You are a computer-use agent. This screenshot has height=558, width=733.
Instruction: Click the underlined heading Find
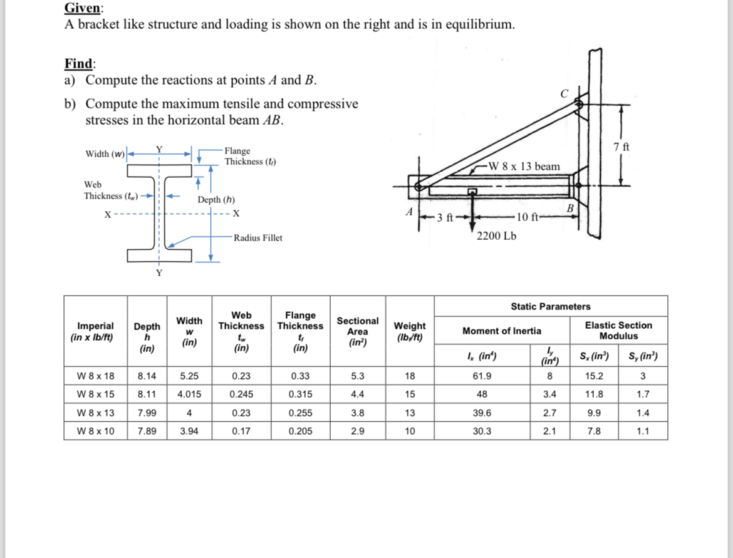pos(80,63)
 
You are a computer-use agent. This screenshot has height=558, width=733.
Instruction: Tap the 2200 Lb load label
pos(496,236)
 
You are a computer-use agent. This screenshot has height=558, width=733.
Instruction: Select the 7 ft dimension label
pos(622,147)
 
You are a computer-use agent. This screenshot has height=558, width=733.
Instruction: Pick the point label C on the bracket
pos(564,94)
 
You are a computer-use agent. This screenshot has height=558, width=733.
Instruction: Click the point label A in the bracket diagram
pos(408,212)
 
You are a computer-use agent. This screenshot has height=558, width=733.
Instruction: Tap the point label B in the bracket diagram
pos(569,208)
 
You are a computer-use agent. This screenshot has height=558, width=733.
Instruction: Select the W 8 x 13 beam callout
pos(524,166)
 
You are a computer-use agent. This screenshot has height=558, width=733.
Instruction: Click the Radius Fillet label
pos(257,238)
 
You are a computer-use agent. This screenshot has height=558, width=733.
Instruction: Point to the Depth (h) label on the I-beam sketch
pos(216,200)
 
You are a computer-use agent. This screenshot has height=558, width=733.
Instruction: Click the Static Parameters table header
pos(550,306)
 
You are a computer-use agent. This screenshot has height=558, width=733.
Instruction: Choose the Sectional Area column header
pos(358,331)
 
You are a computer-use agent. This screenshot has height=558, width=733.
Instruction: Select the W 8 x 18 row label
pos(95,376)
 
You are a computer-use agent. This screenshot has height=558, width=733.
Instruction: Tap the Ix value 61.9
pos(482,376)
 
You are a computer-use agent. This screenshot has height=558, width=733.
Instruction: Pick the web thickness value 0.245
pos(241,395)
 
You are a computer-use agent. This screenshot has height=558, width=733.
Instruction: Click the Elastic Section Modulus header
pos(618,331)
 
